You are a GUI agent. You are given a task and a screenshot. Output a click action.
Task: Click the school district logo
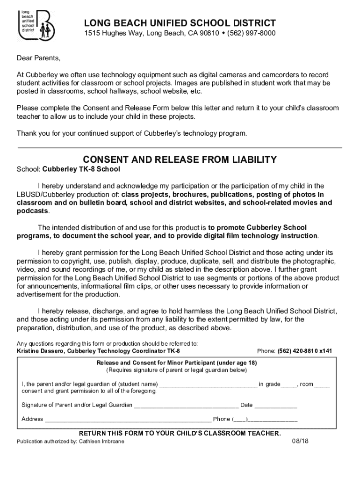point(36,25)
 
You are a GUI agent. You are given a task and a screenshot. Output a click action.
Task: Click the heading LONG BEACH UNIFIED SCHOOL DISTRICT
point(180,23)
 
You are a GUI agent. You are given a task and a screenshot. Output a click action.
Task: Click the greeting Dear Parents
point(39,58)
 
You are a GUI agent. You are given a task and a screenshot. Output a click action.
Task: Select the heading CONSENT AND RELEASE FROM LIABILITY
point(180,160)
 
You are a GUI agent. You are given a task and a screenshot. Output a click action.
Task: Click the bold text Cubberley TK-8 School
point(81,169)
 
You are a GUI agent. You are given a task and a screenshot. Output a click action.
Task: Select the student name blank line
point(208,385)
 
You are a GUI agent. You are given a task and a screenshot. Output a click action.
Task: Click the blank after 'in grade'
point(289,385)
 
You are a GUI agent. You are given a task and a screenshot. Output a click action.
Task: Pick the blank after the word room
point(322,385)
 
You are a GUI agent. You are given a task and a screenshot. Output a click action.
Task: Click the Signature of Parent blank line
point(186,406)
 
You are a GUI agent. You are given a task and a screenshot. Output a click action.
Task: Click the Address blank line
point(128,420)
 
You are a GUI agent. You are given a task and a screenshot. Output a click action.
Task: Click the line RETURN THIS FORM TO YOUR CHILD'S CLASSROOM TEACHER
point(180,433)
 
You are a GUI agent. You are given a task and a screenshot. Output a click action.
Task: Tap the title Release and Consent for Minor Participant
point(177,363)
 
